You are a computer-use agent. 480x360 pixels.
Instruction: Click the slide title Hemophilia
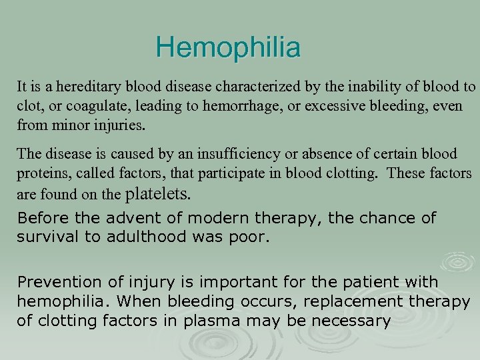pyautogui.click(x=228, y=48)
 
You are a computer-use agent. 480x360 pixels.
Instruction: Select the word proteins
pyautogui.click(x=39, y=173)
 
